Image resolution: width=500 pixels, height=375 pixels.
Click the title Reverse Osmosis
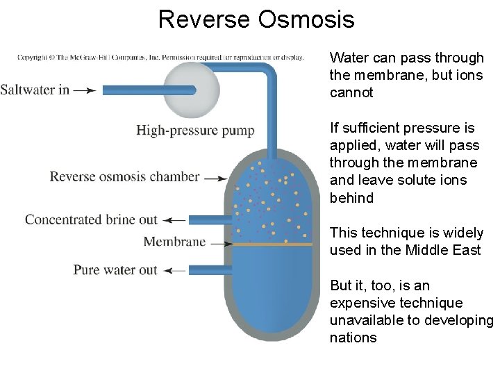[256, 19]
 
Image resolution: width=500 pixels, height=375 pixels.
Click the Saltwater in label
[35, 90]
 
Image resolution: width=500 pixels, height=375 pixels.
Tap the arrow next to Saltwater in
[85, 90]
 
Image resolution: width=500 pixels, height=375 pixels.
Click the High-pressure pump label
[195, 131]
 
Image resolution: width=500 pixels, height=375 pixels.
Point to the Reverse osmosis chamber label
[124, 176]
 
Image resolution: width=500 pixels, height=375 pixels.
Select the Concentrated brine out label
[91, 219]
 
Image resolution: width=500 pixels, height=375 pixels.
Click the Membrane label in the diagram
[174, 242]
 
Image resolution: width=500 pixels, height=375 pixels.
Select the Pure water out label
[115, 269]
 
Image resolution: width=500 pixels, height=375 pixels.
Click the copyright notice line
[160, 57]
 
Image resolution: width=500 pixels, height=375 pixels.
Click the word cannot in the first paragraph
[351, 93]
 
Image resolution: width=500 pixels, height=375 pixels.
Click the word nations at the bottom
[353, 338]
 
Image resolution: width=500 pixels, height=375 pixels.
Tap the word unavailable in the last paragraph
[365, 321]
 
